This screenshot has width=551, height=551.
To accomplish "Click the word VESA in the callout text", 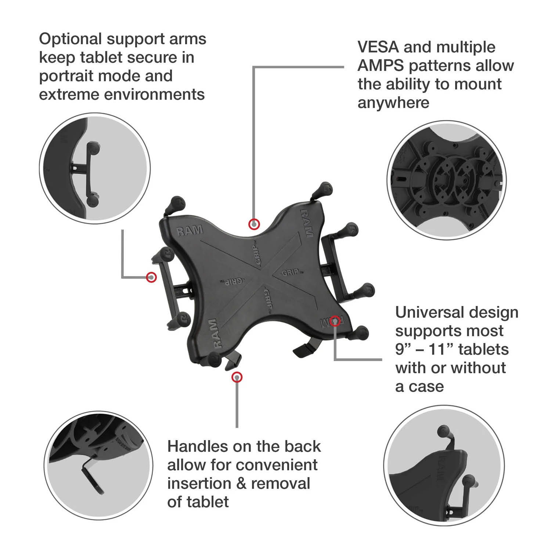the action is (378, 47).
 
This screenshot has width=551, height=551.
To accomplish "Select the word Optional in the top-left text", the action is (70, 39).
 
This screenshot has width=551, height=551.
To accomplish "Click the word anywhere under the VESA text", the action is (393, 103).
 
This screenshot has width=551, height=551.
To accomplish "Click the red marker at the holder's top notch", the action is (254, 224).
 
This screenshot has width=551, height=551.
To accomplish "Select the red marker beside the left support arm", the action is (151, 277).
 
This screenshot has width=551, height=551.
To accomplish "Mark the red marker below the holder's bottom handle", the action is (237, 377).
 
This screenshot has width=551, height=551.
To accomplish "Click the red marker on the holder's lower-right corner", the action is (335, 321).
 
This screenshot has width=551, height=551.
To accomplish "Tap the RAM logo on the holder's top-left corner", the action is (190, 231).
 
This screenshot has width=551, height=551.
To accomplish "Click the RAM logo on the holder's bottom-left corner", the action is (217, 333).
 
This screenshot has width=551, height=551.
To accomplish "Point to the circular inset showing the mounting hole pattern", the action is (447, 180).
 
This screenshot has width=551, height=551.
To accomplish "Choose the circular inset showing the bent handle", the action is (98, 465).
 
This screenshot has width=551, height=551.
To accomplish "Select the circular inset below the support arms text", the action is (95, 168).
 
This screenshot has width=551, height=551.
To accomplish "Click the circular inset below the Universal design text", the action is (444, 466).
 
